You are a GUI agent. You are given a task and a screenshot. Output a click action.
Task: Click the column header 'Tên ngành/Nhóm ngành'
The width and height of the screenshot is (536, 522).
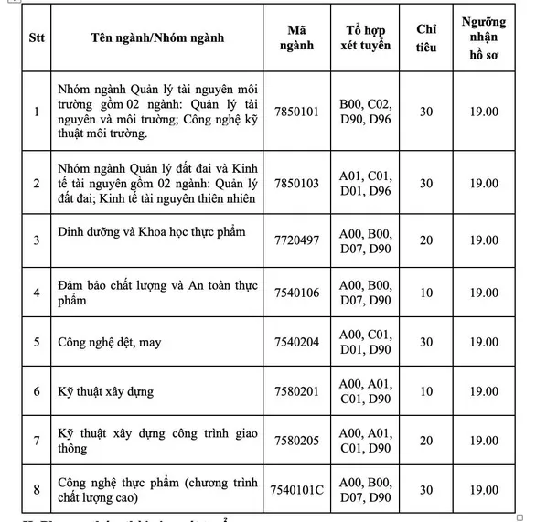point(158,38)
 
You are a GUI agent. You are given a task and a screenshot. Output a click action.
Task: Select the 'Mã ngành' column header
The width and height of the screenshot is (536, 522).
point(297,38)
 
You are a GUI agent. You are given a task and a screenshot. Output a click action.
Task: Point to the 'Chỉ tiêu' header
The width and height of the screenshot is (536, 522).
point(426,38)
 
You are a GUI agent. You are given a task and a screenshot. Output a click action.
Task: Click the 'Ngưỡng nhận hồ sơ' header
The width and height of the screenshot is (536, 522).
point(484,38)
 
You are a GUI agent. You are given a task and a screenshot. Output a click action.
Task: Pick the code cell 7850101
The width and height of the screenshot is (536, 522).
point(297,112)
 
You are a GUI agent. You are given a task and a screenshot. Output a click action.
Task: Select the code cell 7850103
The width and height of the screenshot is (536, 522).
point(297,183)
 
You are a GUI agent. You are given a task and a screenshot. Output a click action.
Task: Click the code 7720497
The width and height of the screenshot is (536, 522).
point(297,240)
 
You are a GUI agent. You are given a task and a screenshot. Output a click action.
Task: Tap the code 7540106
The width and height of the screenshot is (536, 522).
point(297,292)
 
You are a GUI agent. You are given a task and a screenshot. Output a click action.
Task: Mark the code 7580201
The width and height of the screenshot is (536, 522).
point(297,391)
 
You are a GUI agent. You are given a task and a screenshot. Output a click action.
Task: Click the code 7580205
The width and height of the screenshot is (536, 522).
point(297,441)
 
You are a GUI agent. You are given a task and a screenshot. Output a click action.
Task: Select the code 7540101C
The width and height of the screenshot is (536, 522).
point(297,490)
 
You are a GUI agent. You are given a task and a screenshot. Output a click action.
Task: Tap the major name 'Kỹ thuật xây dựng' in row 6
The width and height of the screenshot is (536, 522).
point(105,392)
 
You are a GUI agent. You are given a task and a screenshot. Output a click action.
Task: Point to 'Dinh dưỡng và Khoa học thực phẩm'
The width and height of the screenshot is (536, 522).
point(151,231)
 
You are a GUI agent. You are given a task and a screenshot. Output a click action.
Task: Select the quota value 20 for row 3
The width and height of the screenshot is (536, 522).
point(426,240)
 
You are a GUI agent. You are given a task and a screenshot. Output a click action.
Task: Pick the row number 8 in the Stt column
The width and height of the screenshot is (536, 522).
point(36,490)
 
